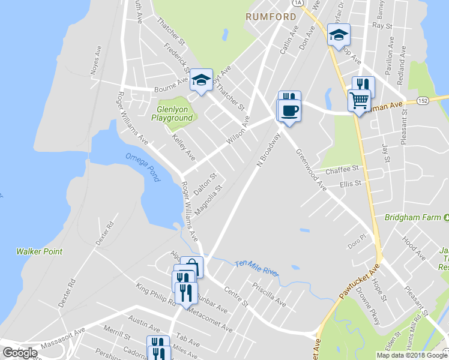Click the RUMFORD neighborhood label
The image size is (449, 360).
(x=271, y=17)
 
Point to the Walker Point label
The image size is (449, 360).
(x=39, y=251)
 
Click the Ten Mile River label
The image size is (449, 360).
(x=257, y=268)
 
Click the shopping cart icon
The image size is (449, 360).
(x=359, y=100)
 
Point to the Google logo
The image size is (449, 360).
(x=20, y=352)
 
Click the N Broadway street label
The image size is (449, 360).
(x=268, y=150)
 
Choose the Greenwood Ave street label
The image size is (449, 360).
(x=311, y=170)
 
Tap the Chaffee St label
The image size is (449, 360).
(x=342, y=170)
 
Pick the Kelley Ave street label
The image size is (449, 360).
(x=184, y=147)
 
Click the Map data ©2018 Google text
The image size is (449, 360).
(x=411, y=355)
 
